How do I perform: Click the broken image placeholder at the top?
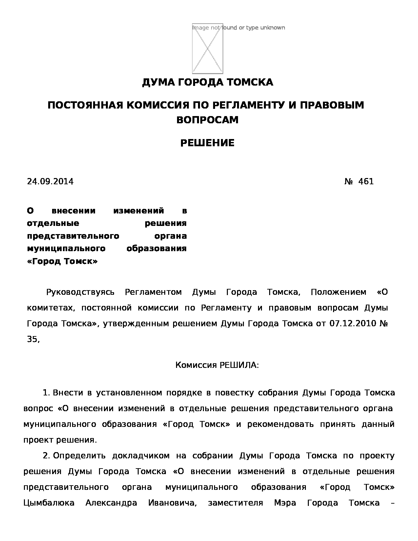pyautogui.click(x=207, y=49)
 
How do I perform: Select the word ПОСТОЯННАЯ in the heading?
pyautogui.click(x=85, y=105)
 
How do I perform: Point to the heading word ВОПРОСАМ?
pyautogui.click(x=207, y=120)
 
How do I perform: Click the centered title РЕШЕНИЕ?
pyautogui.click(x=207, y=143)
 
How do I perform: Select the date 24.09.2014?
pyautogui.click(x=50, y=181)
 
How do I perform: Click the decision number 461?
pyautogui.click(x=366, y=181)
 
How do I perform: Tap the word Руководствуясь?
pyautogui.click(x=80, y=292)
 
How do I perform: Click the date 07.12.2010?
pyautogui.click(x=352, y=324)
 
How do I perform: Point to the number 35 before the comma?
pyautogui.click(x=32, y=339)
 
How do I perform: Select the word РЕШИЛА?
pyautogui.click(x=238, y=365)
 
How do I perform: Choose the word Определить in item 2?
pyautogui.click(x=79, y=455)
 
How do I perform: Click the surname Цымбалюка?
pyautogui.click(x=49, y=503)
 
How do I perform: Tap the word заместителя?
pyautogui.click(x=235, y=503)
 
